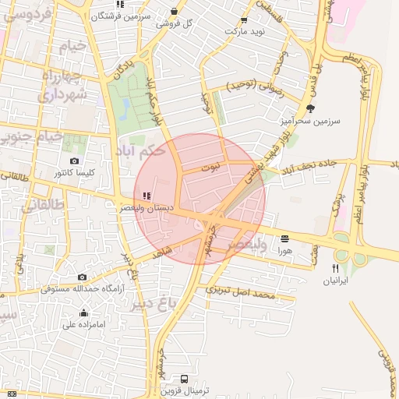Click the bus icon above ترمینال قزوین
[183, 378]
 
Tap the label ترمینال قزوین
[183, 391]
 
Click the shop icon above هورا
[284, 238]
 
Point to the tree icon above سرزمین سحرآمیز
[310, 108]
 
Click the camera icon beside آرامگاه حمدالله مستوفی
[82, 277]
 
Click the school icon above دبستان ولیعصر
[147, 196]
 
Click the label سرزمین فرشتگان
[119, 15]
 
